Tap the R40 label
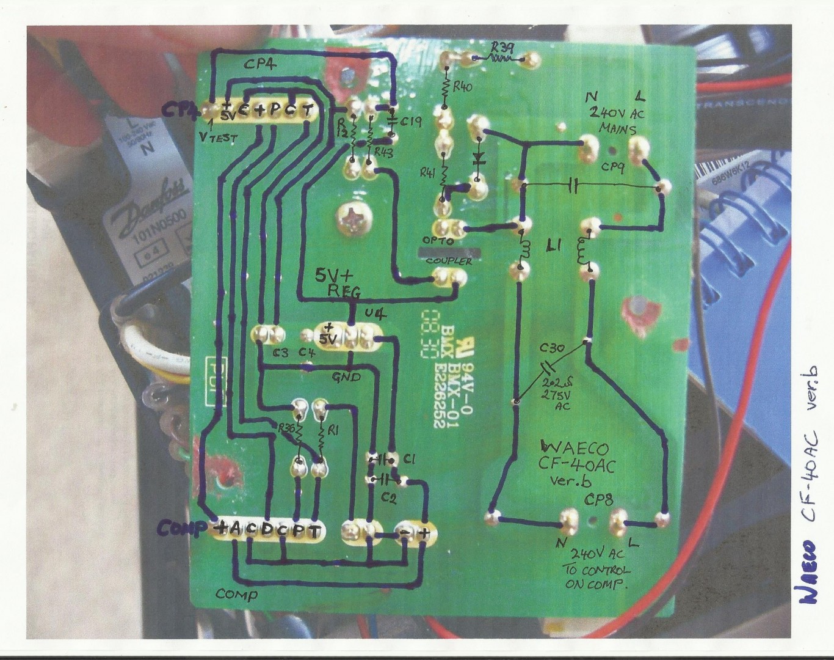coord(462,87)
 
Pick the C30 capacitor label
coord(551,348)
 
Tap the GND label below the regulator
coord(346,377)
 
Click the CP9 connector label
coord(612,166)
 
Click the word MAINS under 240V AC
coord(617,129)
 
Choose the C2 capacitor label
coord(388,498)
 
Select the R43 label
coord(383,151)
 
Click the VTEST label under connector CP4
coord(218,139)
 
